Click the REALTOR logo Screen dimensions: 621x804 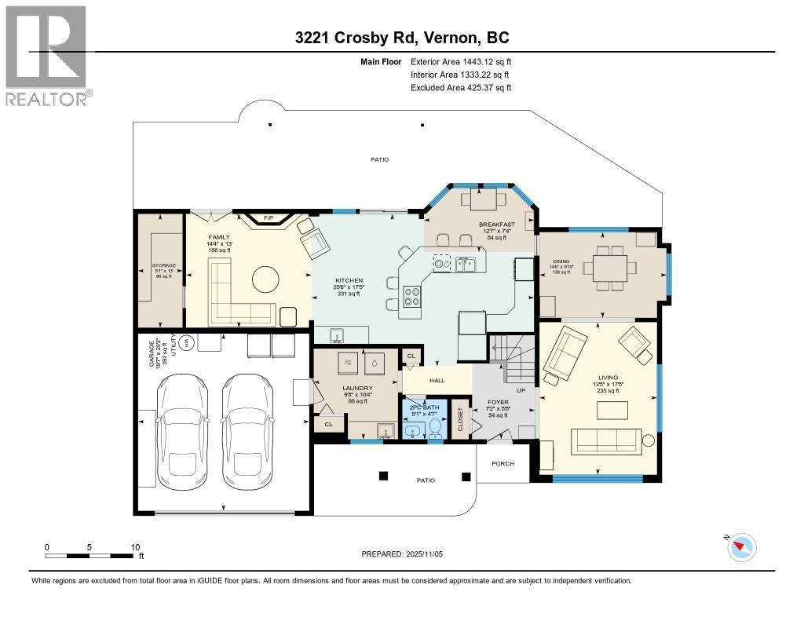[47, 55]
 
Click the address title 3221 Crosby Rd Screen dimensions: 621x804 [402, 38]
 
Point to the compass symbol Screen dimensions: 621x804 [741, 546]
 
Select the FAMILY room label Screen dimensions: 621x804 [218, 236]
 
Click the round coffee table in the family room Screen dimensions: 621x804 [265, 279]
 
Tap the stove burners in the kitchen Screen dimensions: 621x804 [412, 295]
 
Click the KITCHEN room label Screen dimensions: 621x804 [348, 280]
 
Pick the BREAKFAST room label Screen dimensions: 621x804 [497, 225]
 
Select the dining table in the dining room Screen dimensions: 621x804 [609, 268]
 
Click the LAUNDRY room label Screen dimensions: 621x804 [357, 388]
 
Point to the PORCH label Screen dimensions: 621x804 [502, 463]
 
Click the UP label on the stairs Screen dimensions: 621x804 [520, 389]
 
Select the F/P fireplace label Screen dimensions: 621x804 [268, 217]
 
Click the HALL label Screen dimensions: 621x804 [437, 381]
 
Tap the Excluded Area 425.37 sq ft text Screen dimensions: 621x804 [460, 88]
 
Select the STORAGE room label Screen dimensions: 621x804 [163, 265]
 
